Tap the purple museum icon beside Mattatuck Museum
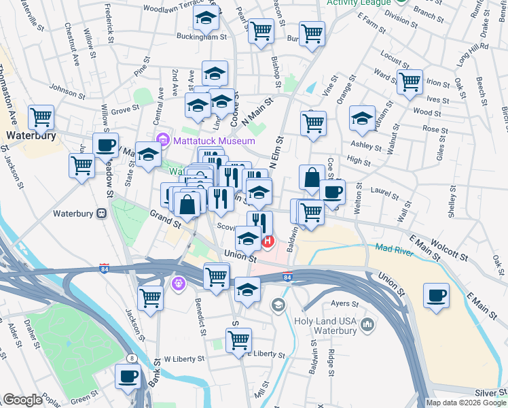point(162,141)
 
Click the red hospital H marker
point(268,241)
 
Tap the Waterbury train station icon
point(103,213)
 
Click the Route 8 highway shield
point(132,358)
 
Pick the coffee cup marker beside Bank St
point(127,377)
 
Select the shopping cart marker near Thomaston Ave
point(41,118)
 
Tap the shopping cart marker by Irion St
point(410,82)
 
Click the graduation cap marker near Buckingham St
point(206,19)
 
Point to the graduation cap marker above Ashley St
point(363,118)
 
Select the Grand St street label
point(165,218)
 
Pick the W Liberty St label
point(184,358)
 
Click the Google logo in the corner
point(23,400)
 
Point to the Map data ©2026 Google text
point(465,403)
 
